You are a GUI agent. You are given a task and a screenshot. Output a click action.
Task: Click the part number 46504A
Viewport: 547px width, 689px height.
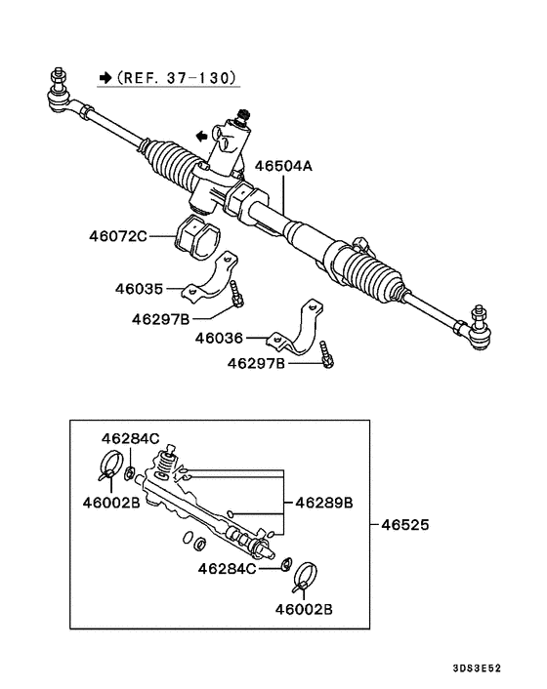[x=284, y=167]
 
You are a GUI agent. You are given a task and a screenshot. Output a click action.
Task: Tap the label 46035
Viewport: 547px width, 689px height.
[x=138, y=288]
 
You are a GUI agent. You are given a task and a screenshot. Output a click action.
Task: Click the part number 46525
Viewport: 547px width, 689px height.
[x=405, y=525]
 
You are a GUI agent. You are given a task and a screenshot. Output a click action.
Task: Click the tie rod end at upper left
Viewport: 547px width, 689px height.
[x=61, y=90]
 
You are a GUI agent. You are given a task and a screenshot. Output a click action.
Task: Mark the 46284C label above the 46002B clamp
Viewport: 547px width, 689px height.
[x=131, y=438]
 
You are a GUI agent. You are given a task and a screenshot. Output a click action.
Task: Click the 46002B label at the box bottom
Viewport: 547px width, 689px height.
[x=305, y=609]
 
